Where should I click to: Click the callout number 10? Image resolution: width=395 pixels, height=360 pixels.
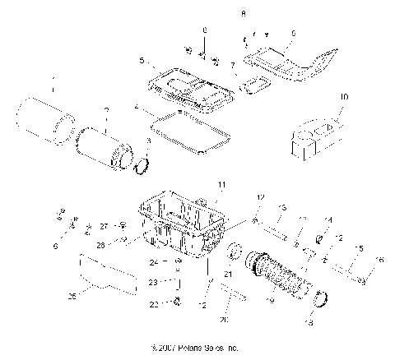(x=343, y=97)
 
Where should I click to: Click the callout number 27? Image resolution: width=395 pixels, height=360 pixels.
(x=105, y=226)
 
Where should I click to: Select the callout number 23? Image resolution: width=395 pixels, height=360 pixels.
(x=153, y=282)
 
